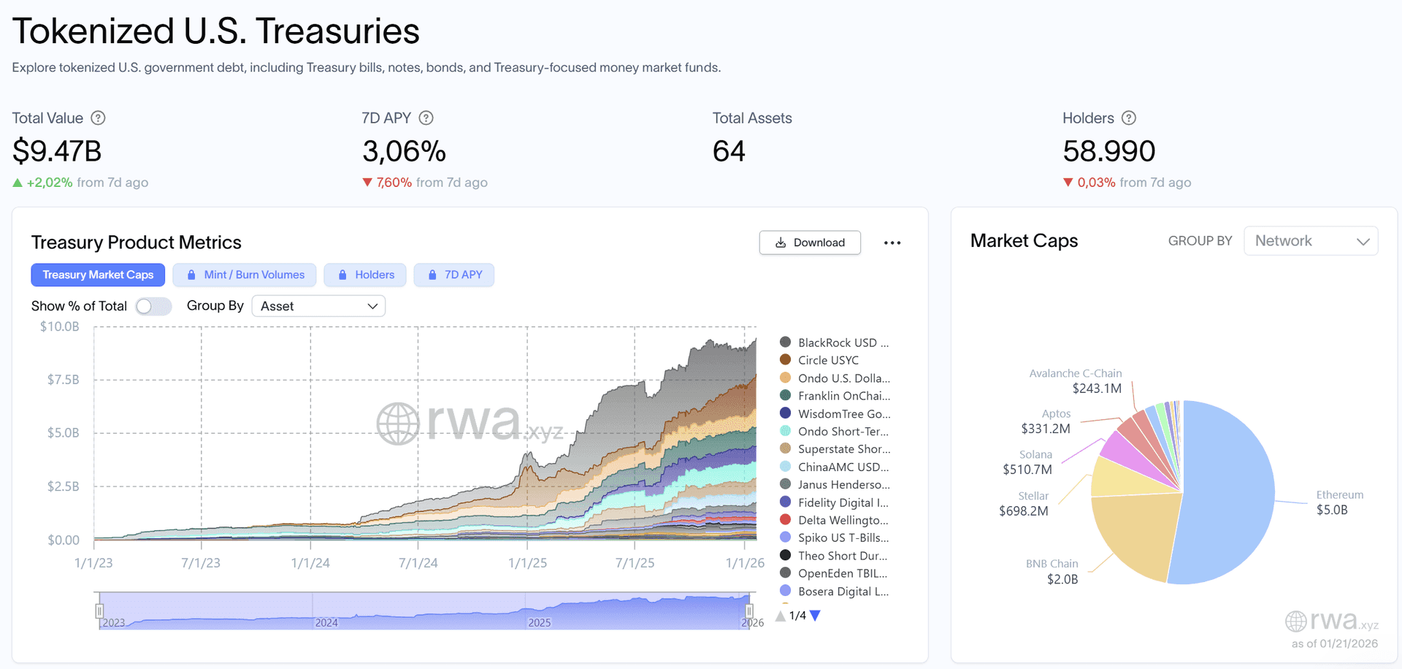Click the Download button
click(810, 242)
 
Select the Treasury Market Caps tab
click(98, 275)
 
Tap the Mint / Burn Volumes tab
click(245, 275)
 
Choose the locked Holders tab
click(366, 275)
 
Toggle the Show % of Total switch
click(153, 306)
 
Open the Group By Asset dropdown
click(318, 306)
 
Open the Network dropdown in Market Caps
click(1311, 241)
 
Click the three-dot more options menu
click(892, 242)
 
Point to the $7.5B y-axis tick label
click(64, 380)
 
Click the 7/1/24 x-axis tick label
click(418, 563)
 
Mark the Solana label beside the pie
click(1035, 454)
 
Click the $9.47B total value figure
click(57, 151)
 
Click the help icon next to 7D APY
click(426, 118)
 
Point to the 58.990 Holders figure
click(1109, 151)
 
